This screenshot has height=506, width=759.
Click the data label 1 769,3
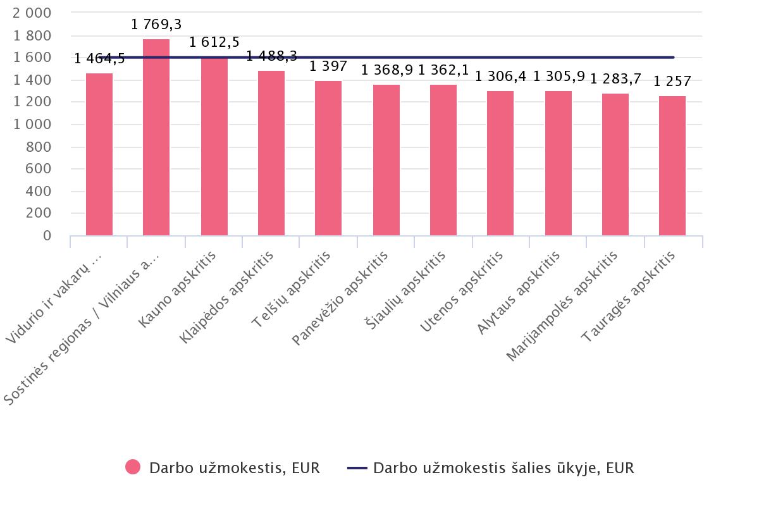click(x=156, y=25)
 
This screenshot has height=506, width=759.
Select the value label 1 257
click(x=672, y=82)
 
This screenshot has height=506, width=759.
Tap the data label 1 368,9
click(x=386, y=69)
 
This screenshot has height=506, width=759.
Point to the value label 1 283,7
click(x=615, y=78)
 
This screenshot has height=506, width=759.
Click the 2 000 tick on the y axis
click(x=32, y=13)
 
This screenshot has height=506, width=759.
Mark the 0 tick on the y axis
click(x=46, y=236)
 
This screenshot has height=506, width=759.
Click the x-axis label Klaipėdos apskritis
click(x=228, y=297)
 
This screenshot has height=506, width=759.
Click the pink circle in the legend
click(x=133, y=467)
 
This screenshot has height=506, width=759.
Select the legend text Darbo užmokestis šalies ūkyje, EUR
click(x=503, y=468)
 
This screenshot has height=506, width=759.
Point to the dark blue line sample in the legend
click(x=357, y=468)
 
